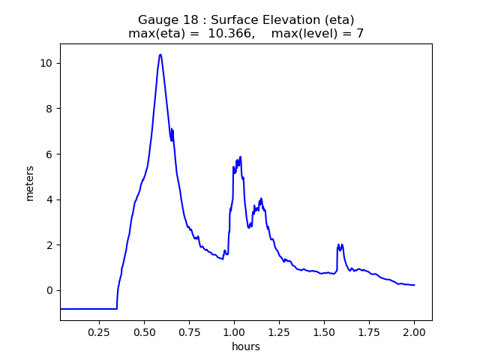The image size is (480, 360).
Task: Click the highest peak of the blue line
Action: (160, 55)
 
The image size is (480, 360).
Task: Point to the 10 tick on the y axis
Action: (46, 63)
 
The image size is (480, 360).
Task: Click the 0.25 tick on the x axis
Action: (99, 331)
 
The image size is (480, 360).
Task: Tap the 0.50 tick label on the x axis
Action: (144, 331)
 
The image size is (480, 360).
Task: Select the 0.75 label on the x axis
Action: (189, 331)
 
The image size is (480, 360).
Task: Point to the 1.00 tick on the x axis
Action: (234, 331)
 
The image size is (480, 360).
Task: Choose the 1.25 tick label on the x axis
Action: (279, 331)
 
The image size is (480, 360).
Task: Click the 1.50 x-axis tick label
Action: (324, 331)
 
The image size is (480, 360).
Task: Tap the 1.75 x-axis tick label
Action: (369, 331)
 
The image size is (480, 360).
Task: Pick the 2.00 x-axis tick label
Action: (414, 331)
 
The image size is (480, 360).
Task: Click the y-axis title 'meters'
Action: (30, 183)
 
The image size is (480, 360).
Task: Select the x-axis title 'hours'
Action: (246, 347)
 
